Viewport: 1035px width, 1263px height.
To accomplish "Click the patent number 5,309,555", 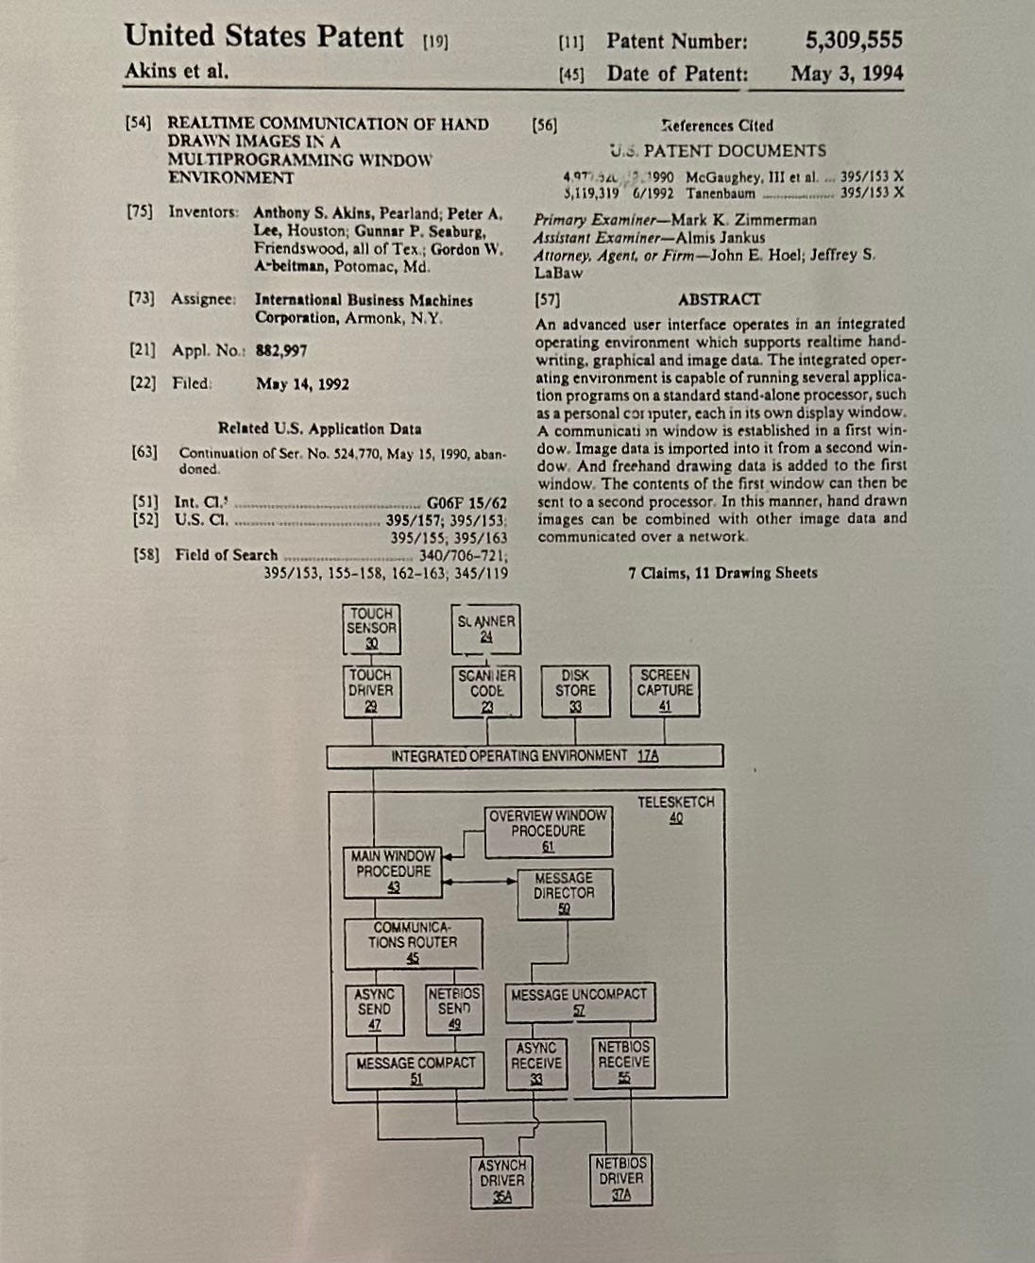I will [x=854, y=41].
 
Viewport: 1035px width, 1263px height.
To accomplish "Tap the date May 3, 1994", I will [x=846, y=74].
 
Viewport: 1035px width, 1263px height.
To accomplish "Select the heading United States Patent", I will [x=263, y=37].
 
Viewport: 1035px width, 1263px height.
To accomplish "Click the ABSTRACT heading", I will [x=719, y=299].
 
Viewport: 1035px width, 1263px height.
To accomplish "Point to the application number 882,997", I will [x=281, y=350].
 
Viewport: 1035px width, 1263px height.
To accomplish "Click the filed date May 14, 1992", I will [x=302, y=384].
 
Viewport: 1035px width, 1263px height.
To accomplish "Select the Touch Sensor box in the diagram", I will [x=371, y=629].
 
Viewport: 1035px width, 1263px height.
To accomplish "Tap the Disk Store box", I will [x=575, y=691].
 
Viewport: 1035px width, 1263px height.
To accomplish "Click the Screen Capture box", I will [x=665, y=691].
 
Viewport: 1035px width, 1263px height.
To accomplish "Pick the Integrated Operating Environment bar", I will [x=525, y=756].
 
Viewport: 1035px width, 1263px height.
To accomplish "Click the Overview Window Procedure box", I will [x=548, y=831].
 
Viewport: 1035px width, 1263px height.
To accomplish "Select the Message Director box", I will [x=564, y=893].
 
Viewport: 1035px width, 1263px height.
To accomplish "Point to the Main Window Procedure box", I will [x=394, y=871].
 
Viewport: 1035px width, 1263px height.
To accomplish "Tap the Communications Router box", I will [x=413, y=943].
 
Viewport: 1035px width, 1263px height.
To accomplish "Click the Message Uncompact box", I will [x=579, y=1002].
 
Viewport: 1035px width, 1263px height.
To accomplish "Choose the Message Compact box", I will [x=416, y=1070].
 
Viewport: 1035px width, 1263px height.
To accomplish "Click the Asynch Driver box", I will [x=501, y=1181].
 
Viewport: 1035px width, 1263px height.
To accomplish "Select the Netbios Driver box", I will [x=620, y=1179].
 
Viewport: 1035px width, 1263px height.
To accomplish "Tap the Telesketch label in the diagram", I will [x=675, y=809].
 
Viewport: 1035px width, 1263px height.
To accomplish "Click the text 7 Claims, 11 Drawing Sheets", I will [x=722, y=573].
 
